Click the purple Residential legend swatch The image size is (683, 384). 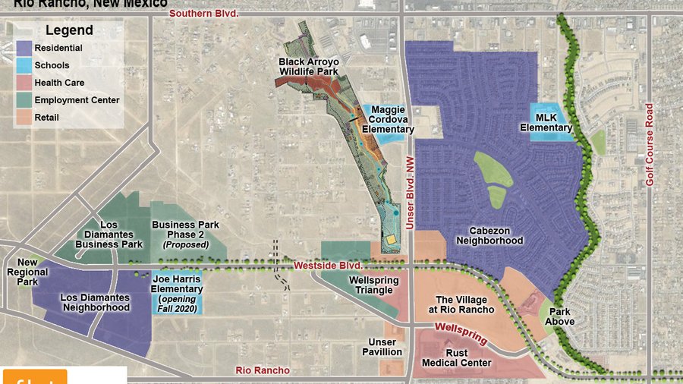[x=25, y=49]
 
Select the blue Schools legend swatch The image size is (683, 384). [x=25, y=66]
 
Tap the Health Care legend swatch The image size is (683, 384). [x=25, y=83]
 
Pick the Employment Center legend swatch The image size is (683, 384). [x=25, y=100]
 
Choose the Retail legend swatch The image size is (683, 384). [x=25, y=118]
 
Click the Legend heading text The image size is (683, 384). [x=69, y=31]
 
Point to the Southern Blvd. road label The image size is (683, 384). [x=203, y=14]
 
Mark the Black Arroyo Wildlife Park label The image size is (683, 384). [x=307, y=67]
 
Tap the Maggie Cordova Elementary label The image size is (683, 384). [x=388, y=120]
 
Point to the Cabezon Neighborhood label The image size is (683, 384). [x=489, y=235]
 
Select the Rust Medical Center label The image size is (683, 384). [x=457, y=358]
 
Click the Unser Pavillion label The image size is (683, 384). [x=381, y=348]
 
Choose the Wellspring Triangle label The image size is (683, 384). [x=370, y=285]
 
